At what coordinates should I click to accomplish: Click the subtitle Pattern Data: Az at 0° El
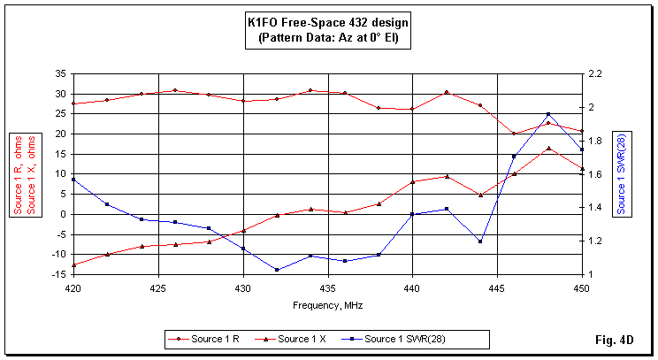point(328,40)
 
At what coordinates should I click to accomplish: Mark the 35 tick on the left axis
point(58,73)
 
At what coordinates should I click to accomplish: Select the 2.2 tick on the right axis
point(597,73)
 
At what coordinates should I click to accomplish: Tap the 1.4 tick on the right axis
point(597,208)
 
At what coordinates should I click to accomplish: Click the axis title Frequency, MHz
point(327,305)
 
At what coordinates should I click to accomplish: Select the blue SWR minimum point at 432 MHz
point(277,270)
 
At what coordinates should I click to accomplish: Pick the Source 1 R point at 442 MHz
point(447,92)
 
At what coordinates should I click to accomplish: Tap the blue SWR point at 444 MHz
point(480,241)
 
